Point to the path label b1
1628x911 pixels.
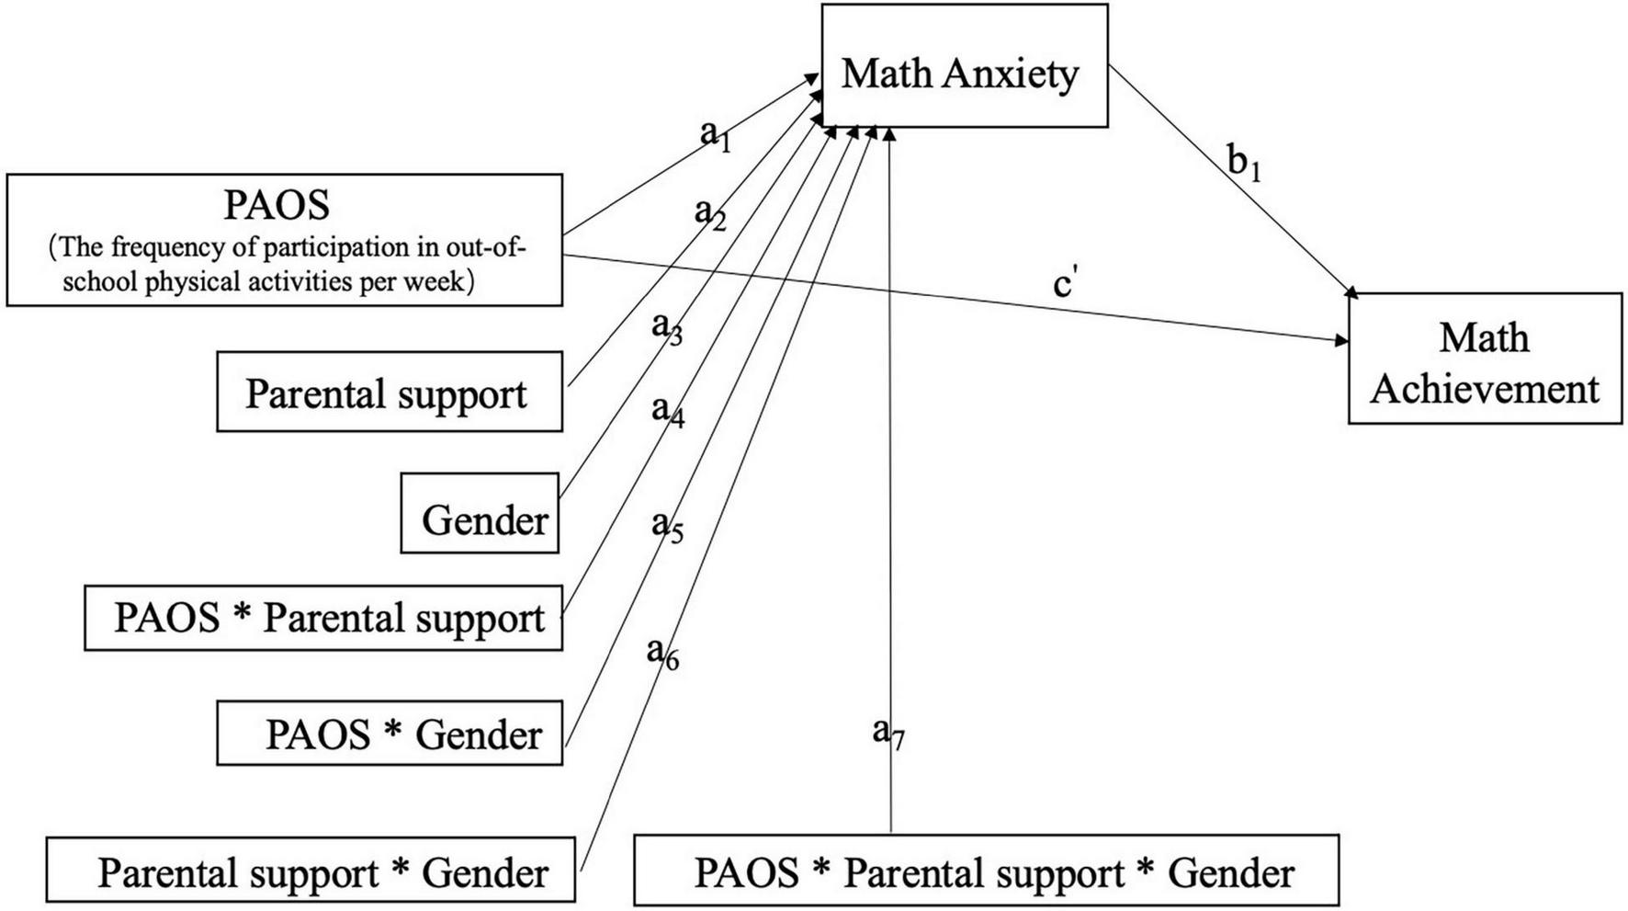(x=1244, y=164)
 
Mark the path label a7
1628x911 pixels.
(x=887, y=734)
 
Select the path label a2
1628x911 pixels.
(x=709, y=213)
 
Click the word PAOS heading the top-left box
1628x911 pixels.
(x=277, y=204)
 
